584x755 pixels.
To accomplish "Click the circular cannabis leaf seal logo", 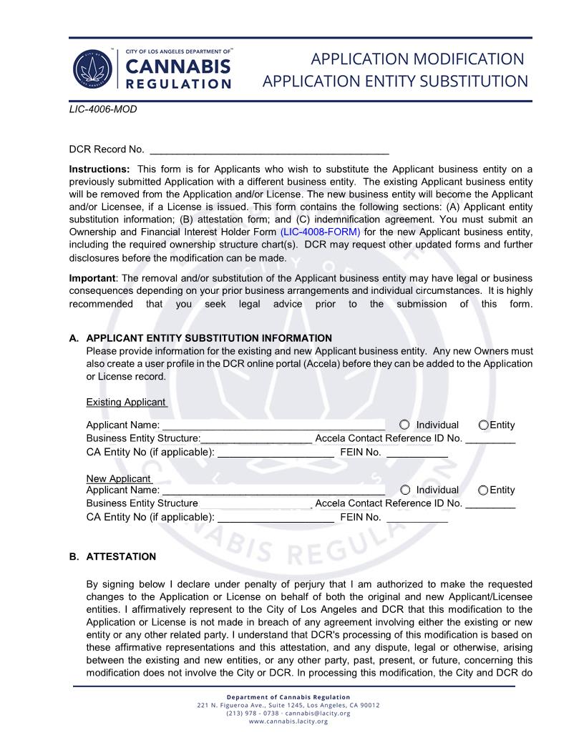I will [x=93, y=70].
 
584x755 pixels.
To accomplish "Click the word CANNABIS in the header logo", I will [x=178, y=66].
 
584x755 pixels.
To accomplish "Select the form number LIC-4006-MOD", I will [x=102, y=109].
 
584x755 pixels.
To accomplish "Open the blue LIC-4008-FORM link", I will [x=320, y=232].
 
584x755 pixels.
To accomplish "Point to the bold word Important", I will [x=92, y=278].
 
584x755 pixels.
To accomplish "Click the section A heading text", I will [x=209, y=338].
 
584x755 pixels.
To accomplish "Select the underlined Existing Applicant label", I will [x=126, y=402].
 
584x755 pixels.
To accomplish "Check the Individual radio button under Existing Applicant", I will [x=405, y=425].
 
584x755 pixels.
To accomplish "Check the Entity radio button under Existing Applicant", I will [x=484, y=425].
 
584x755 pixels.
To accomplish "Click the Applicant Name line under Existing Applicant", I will [x=273, y=425].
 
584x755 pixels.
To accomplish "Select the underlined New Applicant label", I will [x=119, y=478].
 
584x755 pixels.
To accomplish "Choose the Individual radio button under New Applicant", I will [x=405, y=490].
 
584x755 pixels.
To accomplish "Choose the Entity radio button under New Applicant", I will [x=484, y=490].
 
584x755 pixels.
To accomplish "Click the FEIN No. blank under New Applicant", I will [x=417, y=518].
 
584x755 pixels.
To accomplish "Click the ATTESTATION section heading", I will [x=121, y=557].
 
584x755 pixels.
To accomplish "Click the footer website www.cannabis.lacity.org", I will [x=288, y=721].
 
